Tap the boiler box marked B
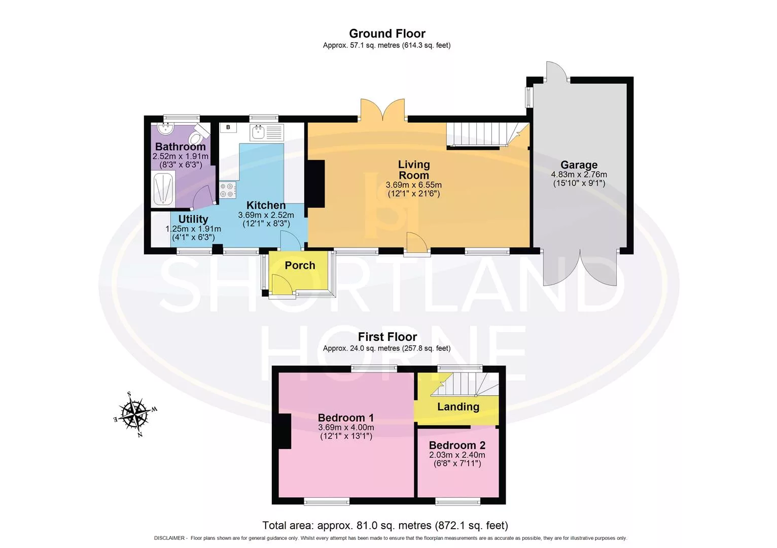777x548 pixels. pyautogui.click(x=228, y=127)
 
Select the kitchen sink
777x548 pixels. pyautogui.click(x=266, y=132)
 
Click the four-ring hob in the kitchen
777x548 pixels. pyautogui.click(x=227, y=190)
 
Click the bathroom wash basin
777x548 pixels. pyautogui.click(x=166, y=129)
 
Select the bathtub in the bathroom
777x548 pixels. pyautogui.click(x=163, y=189)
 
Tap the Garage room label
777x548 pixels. pyautogui.click(x=579, y=164)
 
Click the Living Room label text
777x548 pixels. pyautogui.click(x=414, y=169)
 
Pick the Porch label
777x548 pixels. pyautogui.click(x=300, y=265)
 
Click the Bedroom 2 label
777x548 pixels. pyautogui.click(x=457, y=445)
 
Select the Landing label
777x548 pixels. pyautogui.click(x=458, y=406)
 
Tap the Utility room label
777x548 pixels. pyautogui.click(x=193, y=219)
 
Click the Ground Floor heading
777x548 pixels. pyautogui.click(x=387, y=33)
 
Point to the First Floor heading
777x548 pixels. pyautogui.click(x=387, y=336)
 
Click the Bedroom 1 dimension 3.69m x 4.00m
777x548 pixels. pyautogui.click(x=346, y=427)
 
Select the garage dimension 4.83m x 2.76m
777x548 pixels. pyautogui.click(x=579, y=175)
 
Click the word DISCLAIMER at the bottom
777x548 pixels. pyautogui.click(x=169, y=538)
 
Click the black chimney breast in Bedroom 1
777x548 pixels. pyautogui.click(x=285, y=431)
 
